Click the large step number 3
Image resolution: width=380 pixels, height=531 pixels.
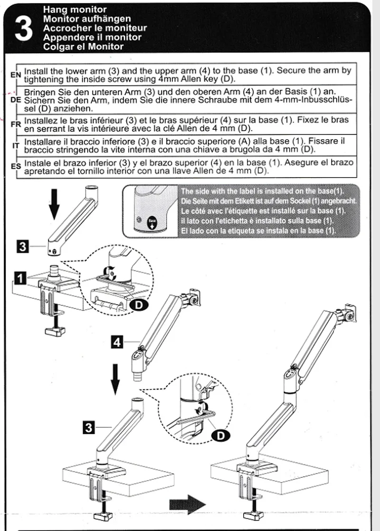[24, 28]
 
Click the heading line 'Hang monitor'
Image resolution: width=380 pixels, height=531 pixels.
[75, 9]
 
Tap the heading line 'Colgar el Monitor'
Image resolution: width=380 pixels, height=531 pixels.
[83, 47]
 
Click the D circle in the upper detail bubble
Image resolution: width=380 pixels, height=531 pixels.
[138, 305]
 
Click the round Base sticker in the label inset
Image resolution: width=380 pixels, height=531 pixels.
[152, 222]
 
